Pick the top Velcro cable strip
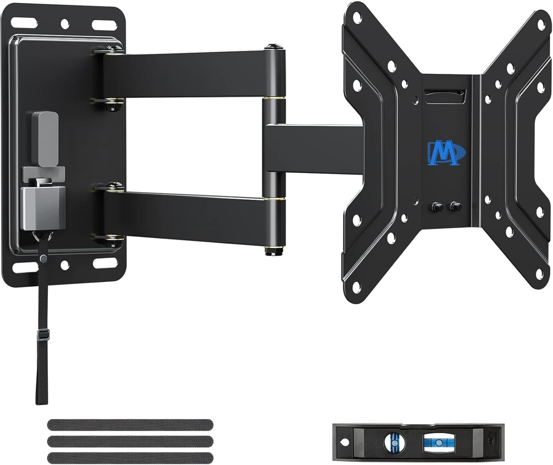tap(130, 424)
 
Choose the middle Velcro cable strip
tap(130, 441)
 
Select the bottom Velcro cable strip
tap(130, 457)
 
